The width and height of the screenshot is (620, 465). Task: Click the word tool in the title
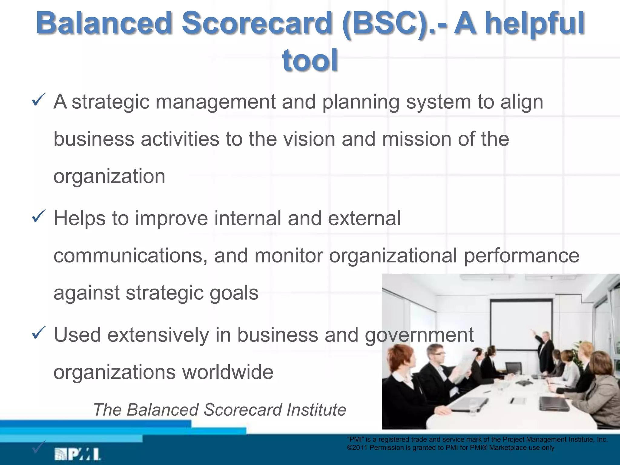(310, 61)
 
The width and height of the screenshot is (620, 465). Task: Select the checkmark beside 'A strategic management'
(39, 100)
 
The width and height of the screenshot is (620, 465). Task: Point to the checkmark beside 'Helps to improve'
(39, 216)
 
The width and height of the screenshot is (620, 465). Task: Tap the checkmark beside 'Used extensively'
(39, 333)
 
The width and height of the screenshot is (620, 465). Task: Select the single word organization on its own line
(109, 176)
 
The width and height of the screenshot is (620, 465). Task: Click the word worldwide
(228, 372)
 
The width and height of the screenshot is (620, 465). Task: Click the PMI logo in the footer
(77, 454)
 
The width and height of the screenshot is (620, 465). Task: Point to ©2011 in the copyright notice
(358, 448)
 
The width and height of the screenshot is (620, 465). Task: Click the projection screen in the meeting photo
(521, 324)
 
